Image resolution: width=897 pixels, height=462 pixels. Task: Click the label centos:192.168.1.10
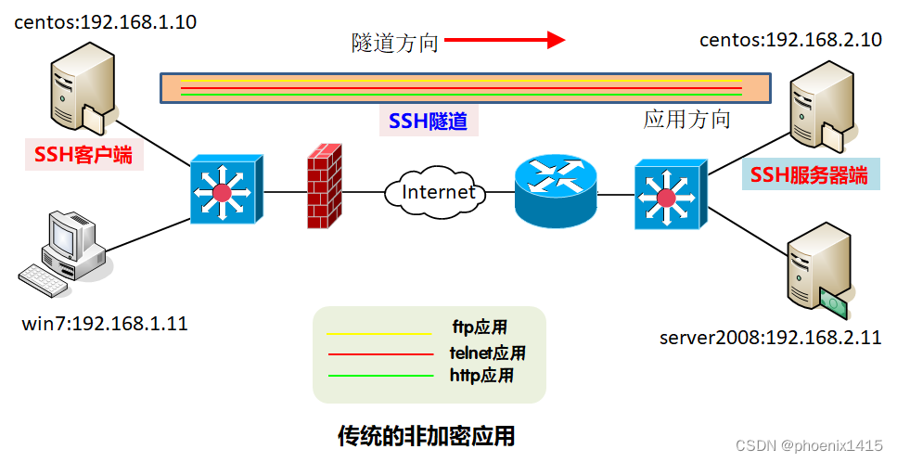(106, 22)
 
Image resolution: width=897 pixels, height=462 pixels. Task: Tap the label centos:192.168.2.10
(790, 40)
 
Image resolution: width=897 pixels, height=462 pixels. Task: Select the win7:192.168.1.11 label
(106, 324)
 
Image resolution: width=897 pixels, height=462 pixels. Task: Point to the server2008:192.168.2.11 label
(771, 337)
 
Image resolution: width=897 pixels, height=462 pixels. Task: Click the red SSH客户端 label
(83, 155)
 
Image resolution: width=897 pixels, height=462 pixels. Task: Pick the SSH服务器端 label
(809, 175)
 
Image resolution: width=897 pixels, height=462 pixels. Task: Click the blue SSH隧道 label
(428, 121)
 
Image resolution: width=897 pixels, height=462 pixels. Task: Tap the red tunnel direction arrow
(505, 39)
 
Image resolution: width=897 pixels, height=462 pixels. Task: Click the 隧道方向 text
(394, 42)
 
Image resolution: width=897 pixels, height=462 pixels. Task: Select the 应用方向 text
(687, 119)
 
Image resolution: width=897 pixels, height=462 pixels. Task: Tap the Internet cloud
(439, 192)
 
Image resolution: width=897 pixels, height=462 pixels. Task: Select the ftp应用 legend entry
(480, 327)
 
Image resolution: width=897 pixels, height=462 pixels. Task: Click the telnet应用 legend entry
(487, 353)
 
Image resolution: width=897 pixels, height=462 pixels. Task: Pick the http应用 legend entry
(481, 376)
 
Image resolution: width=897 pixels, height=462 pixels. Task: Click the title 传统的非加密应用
(426, 434)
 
